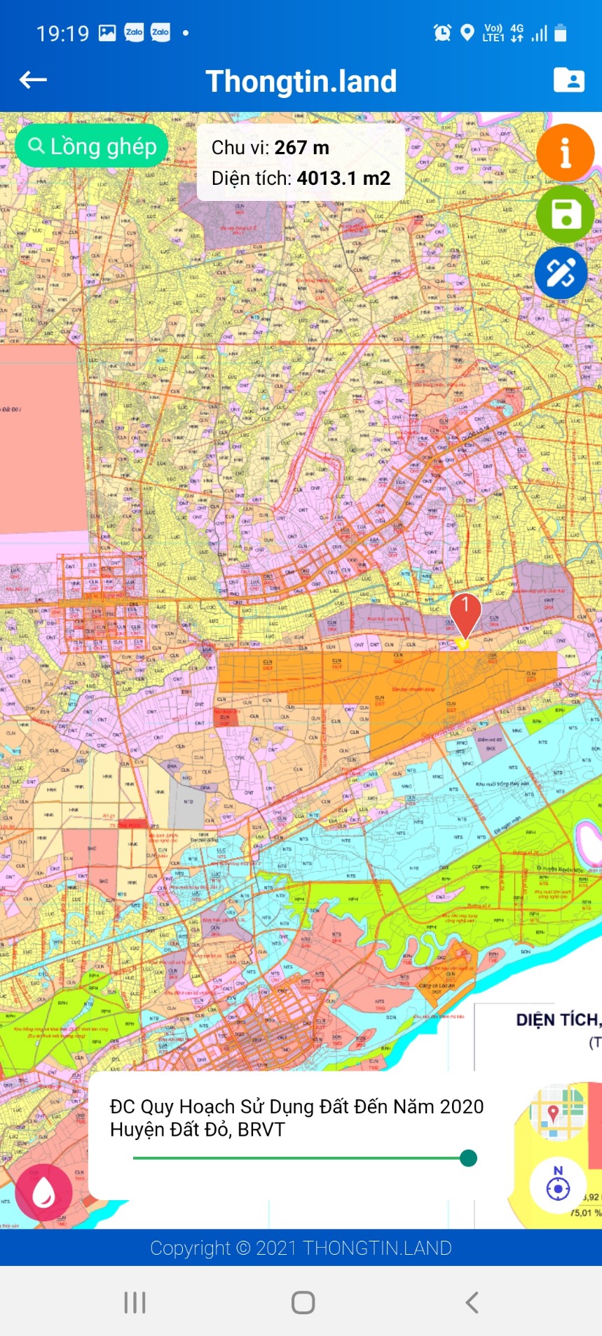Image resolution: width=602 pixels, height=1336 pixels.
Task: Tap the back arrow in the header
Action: (x=33, y=81)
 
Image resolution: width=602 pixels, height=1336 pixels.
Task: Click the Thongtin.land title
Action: (x=301, y=81)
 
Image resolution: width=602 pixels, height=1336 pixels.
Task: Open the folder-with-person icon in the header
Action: (x=568, y=81)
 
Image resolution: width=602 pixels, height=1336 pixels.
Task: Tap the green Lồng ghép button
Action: (x=92, y=146)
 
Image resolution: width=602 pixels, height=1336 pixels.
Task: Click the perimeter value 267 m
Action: (x=301, y=148)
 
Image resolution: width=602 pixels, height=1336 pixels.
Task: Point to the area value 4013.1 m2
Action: (x=343, y=179)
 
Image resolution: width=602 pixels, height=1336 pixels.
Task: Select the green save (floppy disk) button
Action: (x=565, y=214)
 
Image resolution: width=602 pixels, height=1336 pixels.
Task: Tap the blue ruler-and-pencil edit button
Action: (x=561, y=273)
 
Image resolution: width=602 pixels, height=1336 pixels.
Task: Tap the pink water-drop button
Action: (x=43, y=1192)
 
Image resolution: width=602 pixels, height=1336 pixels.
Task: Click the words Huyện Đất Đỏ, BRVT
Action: (x=198, y=1129)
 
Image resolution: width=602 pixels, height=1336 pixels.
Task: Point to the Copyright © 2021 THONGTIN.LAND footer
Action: (x=301, y=1248)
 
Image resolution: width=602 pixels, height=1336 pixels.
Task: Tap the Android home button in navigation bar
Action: (x=303, y=1302)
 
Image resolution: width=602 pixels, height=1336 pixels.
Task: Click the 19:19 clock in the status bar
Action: (x=62, y=33)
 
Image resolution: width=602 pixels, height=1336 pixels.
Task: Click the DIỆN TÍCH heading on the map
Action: (x=558, y=1020)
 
